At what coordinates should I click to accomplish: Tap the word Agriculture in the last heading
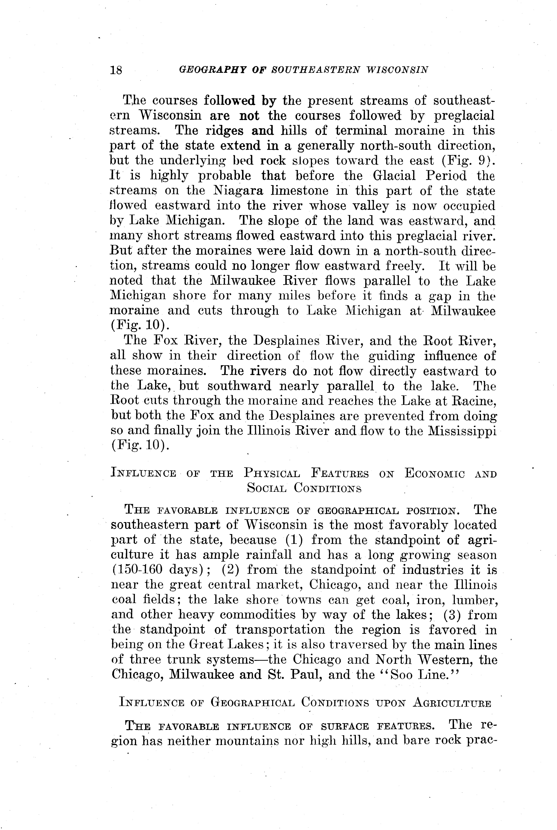coord(452,703)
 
